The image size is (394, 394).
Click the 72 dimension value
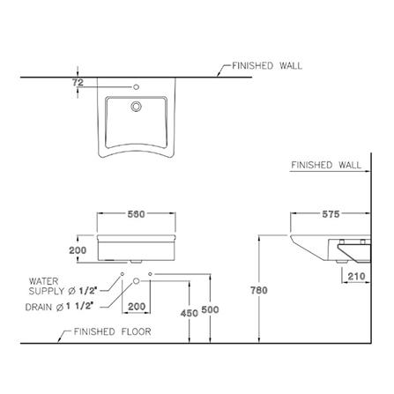point(78,83)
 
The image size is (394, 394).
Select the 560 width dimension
point(137,214)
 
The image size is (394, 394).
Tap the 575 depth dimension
point(331,214)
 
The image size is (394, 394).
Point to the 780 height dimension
point(259,290)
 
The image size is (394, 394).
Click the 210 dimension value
point(356,276)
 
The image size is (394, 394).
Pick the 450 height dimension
point(190,313)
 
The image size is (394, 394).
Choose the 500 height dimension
point(210,309)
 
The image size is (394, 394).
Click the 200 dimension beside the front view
point(78,250)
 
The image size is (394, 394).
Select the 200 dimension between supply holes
point(137,307)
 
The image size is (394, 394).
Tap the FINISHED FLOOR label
point(113,331)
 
